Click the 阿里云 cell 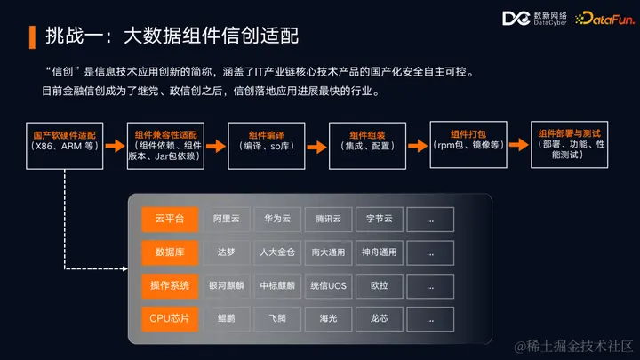pos(226,219)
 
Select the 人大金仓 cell pos(276,252)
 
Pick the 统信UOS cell pos(328,285)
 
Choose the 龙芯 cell pos(380,317)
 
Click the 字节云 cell pos(380,219)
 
